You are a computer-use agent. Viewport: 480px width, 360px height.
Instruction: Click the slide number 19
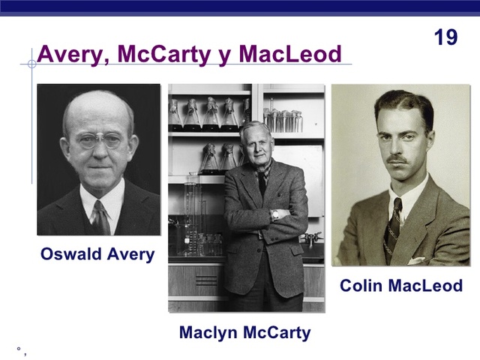tap(445, 37)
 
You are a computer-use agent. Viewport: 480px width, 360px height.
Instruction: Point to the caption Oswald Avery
tap(97, 254)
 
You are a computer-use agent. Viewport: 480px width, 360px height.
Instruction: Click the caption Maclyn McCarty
tap(244, 332)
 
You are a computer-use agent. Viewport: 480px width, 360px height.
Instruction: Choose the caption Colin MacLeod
tap(401, 286)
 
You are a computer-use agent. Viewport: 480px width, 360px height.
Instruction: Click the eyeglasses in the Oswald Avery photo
tap(99, 140)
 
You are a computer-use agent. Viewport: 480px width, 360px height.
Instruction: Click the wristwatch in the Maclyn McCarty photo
tap(275, 214)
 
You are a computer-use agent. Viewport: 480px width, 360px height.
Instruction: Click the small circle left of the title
tap(31, 64)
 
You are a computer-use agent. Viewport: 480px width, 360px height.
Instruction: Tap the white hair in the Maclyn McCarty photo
tap(255, 127)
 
